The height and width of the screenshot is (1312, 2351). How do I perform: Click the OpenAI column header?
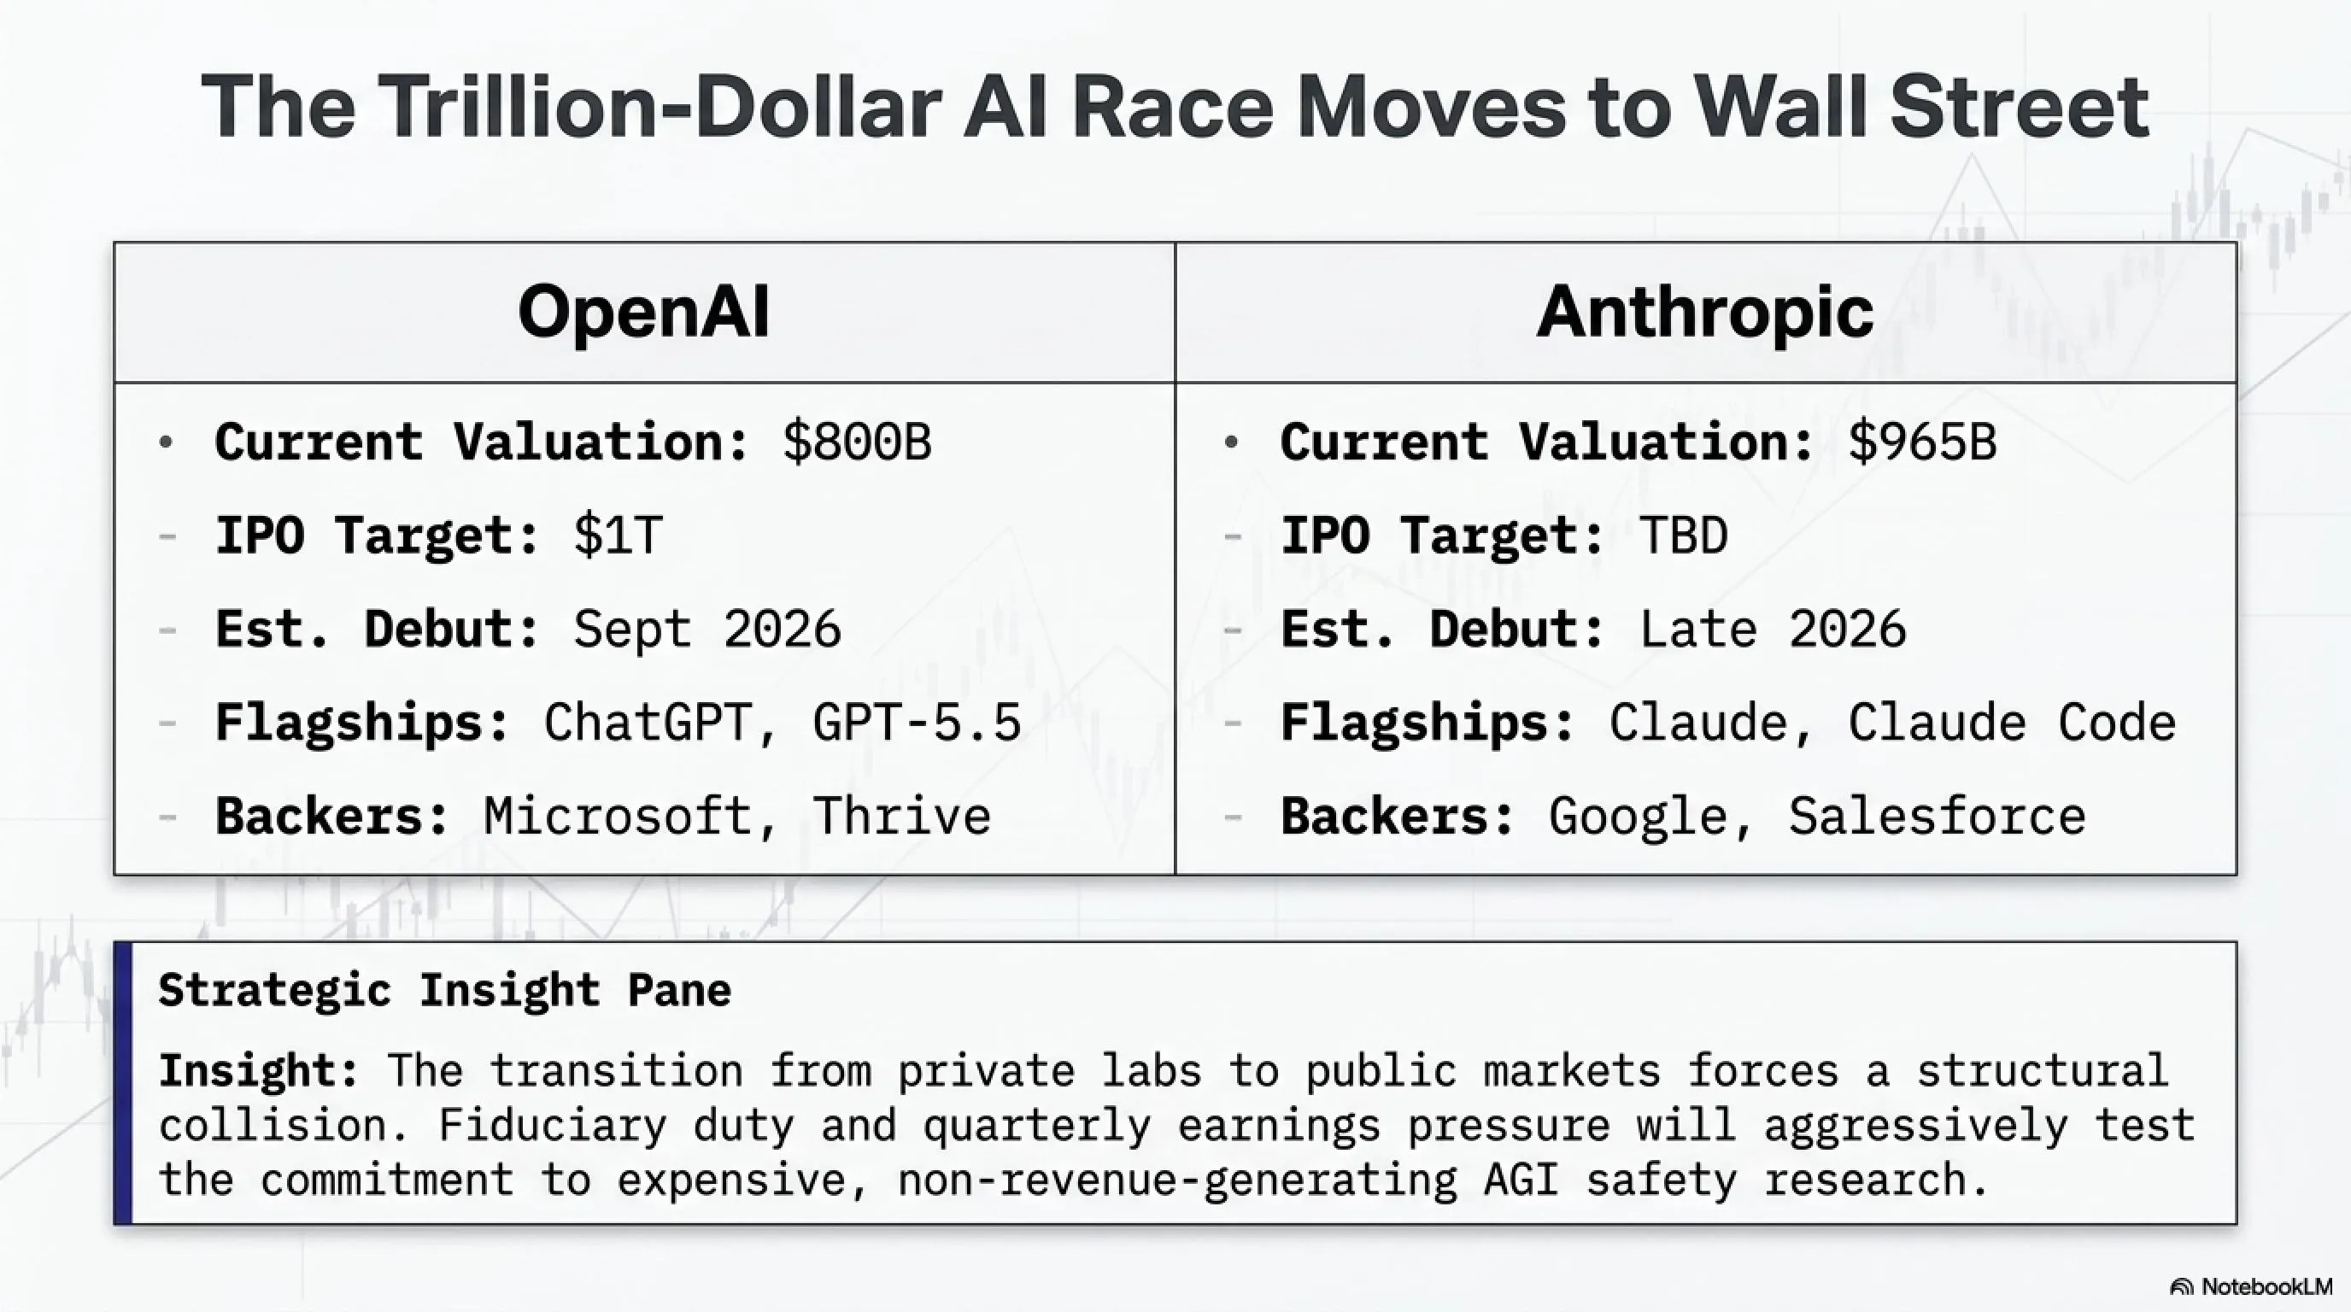[x=643, y=312]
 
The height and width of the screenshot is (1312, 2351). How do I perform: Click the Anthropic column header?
[x=1705, y=312]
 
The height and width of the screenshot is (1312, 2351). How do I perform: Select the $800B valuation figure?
[x=857, y=442]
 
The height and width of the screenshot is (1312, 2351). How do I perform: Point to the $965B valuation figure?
[x=1922, y=442]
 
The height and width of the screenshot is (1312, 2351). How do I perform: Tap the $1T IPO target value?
[x=618, y=536]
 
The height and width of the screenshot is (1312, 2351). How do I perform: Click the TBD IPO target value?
[x=1684, y=536]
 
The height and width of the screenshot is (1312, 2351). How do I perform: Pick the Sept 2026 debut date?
[x=707, y=630]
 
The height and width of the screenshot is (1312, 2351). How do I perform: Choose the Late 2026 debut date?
[x=1774, y=630]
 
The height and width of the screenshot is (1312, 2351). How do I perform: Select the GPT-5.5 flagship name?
[x=917, y=723]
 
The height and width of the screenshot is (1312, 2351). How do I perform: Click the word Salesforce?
[x=1937, y=816]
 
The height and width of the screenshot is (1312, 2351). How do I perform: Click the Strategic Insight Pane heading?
[x=445, y=991]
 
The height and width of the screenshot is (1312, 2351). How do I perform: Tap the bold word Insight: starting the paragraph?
[x=259, y=1071]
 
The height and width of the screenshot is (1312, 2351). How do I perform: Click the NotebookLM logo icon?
[x=2181, y=1286]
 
